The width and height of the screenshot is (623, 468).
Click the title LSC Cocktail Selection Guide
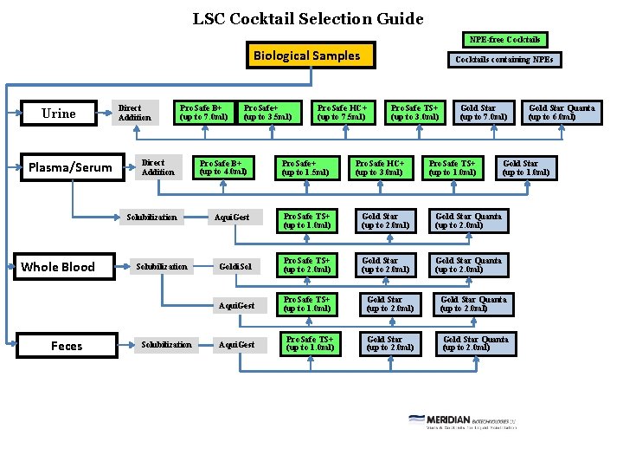(x=308, y=18)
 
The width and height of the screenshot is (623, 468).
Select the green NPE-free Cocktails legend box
(x=504, y=39)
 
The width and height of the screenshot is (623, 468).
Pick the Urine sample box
(x=59, y=114)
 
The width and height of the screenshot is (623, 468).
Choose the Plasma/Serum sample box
(x=70, y=167)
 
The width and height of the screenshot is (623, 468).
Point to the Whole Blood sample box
(x=58, y=267)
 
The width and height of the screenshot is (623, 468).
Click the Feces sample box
(x=67, y=346)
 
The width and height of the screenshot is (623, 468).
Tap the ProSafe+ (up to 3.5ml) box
(x=268, y=113)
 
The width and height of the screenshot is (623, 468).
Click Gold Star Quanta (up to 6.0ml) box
(x=562, y=113)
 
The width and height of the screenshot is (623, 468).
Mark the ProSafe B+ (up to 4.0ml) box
(x=223, y=167)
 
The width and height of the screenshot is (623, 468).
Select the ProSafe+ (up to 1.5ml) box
(x=305, y=167)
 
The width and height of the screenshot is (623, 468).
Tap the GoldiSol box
(x=235, y=266)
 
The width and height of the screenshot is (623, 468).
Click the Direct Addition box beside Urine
(x=135, y=114)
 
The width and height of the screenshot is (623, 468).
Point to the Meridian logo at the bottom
(x=461, y=420)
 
